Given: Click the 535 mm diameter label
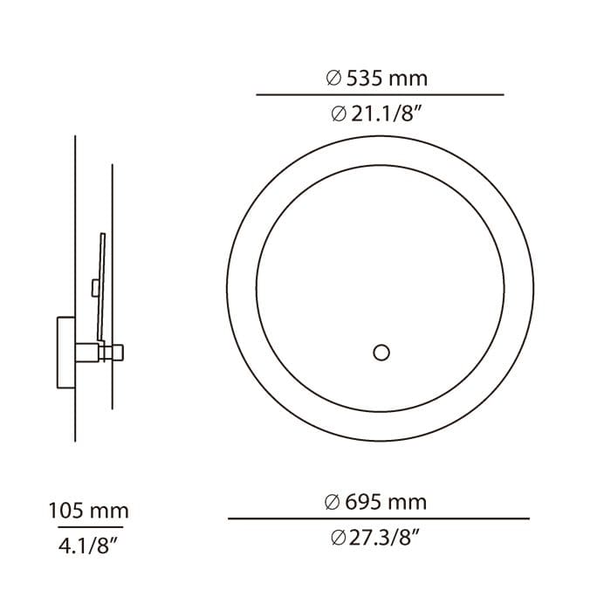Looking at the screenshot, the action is point(377,79).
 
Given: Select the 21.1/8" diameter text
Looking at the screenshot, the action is point(377,114).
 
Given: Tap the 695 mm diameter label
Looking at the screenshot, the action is point(375,502).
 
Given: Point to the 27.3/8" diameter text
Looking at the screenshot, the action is point(376,539).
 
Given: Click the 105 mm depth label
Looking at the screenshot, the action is point(88,511).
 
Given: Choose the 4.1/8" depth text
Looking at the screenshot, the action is point(88,546).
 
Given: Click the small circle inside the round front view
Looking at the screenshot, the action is point(381,353).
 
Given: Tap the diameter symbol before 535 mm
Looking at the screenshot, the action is point(333,79).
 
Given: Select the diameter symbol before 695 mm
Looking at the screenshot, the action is point(332,502).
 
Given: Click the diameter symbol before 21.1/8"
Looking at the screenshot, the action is point(339,114).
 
